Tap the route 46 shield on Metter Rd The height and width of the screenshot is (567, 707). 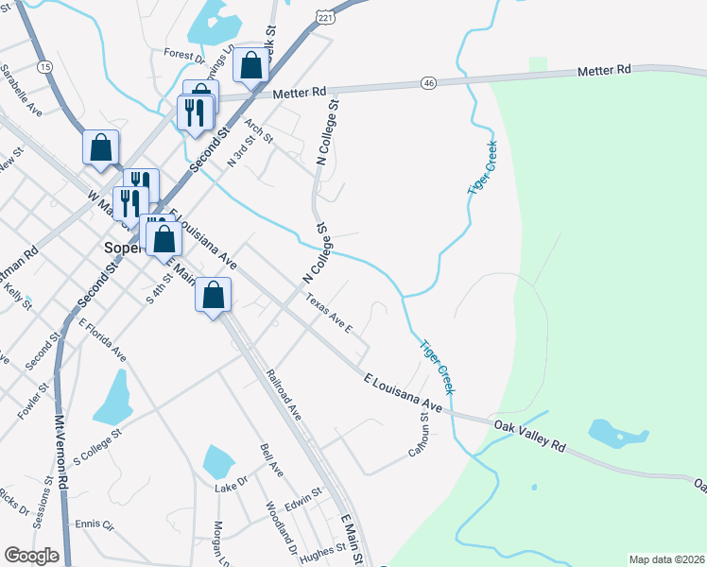(x=428, y=84)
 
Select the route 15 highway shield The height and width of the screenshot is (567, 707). (x=44, y=66)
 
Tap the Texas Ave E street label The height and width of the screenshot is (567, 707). (x=328, y=314)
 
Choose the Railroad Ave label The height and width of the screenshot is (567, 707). (x=284, y=395)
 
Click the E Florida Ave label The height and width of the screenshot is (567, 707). (x=103, y=340)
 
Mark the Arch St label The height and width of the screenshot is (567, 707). (x=257, y=131)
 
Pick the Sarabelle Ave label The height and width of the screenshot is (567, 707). (x=22, y=90)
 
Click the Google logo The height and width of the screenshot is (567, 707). (x=31, y=556)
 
